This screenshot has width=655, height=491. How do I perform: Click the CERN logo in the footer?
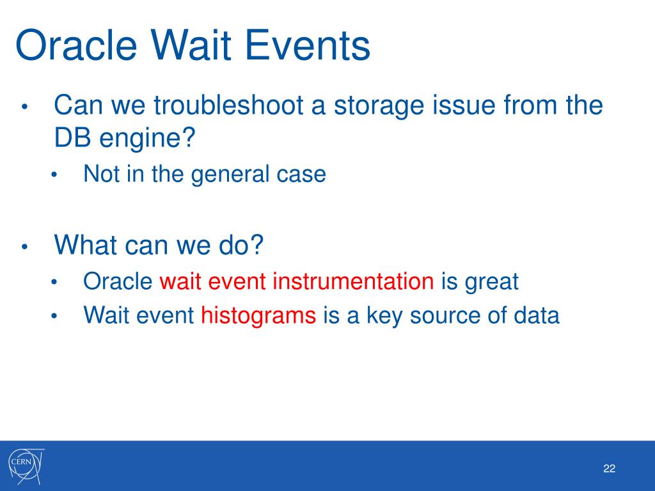pyautogui.click(x=26, y=466)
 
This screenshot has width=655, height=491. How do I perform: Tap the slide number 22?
pyautogui.click(x=609, y=469)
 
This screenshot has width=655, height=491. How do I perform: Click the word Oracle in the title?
pyautogui.click(x=77, y=45)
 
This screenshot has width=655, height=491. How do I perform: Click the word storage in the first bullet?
pyautogui.click(x=379, y=105)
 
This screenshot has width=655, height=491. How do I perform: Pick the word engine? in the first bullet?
pyautogui.click(x=147, y=138)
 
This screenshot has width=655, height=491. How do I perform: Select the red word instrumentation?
pyautogui.click(x=353, y=281)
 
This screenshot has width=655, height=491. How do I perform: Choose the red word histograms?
pyautogui.click(x=258, y=315)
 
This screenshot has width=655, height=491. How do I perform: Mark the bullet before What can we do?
pyautogui.click(x=25, y=246)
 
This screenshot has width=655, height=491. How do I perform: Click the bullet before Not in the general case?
pyautogui.click(x=54, y=175)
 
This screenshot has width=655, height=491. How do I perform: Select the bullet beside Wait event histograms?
pyautogui.click(x=54, y=316)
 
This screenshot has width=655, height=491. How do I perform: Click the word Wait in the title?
pyautogui.click(x=191, y=45)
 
